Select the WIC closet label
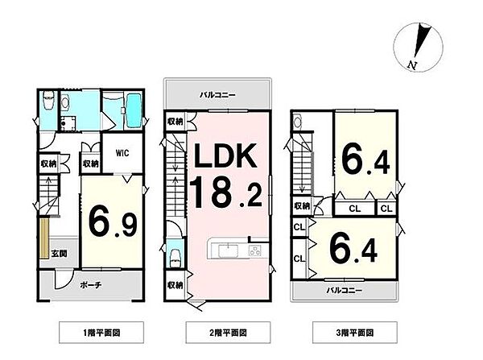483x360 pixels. point(122,150)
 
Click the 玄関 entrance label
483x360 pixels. point(60,253)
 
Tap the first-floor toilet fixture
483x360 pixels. point(48,102)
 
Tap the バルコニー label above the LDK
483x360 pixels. point(217,95)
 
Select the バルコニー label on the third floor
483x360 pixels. point(343,288)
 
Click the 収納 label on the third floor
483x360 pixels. point(302,206)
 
